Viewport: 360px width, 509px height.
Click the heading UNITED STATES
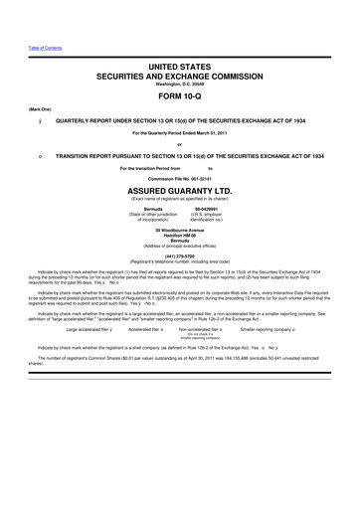[x=180, y=64]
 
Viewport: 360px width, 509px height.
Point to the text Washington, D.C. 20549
[x=180, y=84]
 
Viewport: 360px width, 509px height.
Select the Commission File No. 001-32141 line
[x=180, y=176]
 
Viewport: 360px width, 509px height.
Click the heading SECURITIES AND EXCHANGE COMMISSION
[x=180, y=75]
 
